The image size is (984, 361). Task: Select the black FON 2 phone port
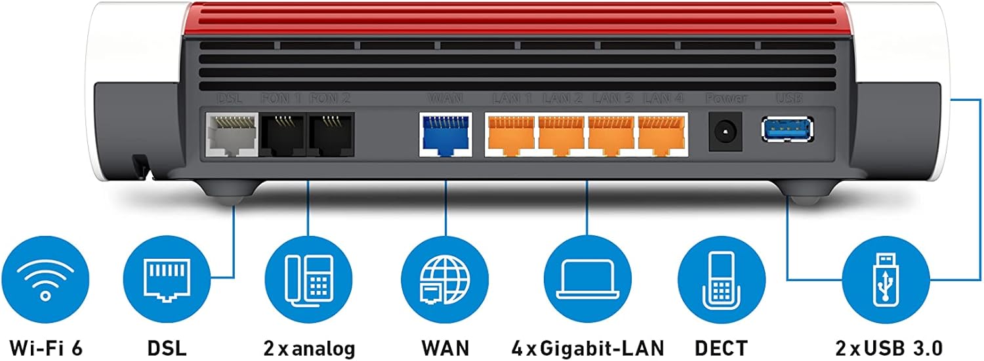point(331,134)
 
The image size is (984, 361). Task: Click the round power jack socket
point(726,130)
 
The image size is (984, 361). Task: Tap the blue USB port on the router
point(787,128)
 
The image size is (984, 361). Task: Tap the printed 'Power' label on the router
point(726,99)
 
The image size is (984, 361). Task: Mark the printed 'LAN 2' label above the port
point(562,99)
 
